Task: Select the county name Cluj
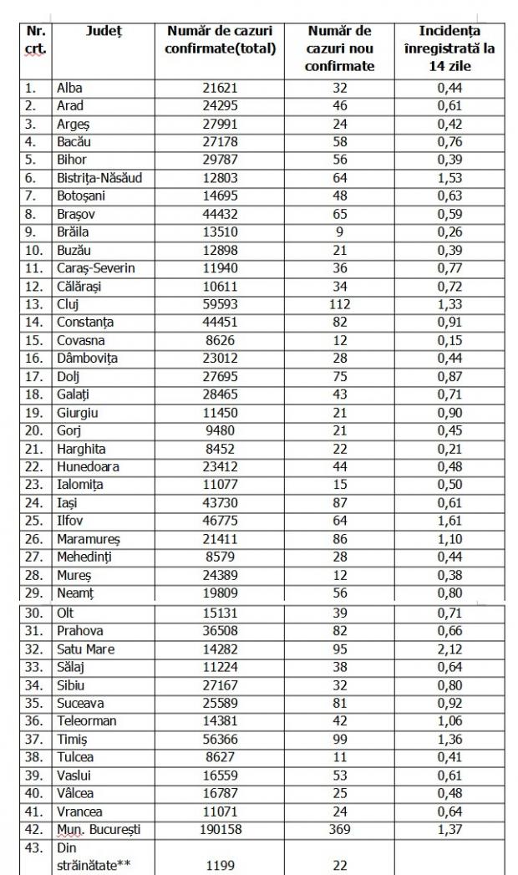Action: [x=67, y=303]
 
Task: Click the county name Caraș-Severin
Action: [x=95, y=267]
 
